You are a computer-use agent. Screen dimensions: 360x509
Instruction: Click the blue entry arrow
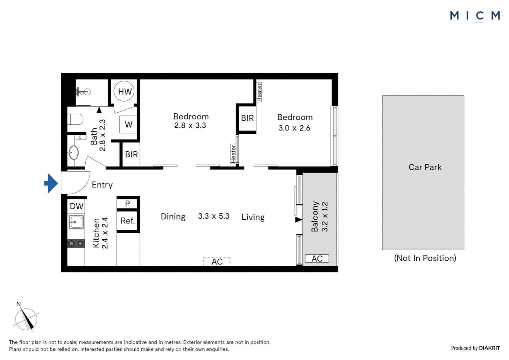coord(51,183)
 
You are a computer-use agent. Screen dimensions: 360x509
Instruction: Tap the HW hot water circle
coord(124,91)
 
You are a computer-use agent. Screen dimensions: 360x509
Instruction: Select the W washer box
coord(129,125)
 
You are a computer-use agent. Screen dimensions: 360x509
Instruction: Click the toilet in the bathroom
coord(75,119)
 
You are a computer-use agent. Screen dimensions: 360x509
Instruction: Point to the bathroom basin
coord(74,153)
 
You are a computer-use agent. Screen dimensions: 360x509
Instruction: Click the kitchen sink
coord(76,222)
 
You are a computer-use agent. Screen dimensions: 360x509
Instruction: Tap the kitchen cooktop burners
coord(76,244)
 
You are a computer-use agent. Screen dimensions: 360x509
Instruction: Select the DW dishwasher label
coord(76,206)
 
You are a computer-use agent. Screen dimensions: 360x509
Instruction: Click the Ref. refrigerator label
coord(128,221)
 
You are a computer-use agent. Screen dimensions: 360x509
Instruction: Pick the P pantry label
coord(128,204)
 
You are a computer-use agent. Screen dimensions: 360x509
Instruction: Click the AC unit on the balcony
coord(317,259)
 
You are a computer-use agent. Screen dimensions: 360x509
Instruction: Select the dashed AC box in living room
coord(217,262)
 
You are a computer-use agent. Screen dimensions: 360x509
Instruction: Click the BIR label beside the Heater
coord(248,118)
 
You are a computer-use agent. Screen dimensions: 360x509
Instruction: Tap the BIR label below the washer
coord(131,154)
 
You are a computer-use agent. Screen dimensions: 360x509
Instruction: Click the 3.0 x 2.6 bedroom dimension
coord(294,128)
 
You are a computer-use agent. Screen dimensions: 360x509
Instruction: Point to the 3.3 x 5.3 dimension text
coord(214,216)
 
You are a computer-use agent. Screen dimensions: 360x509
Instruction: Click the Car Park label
coord(425,167)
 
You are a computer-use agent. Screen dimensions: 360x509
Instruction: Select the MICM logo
coord(475,16)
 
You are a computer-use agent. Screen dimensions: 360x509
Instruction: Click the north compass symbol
coord(26,319)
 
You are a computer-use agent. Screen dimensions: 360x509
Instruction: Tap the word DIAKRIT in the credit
coord(489,348)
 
